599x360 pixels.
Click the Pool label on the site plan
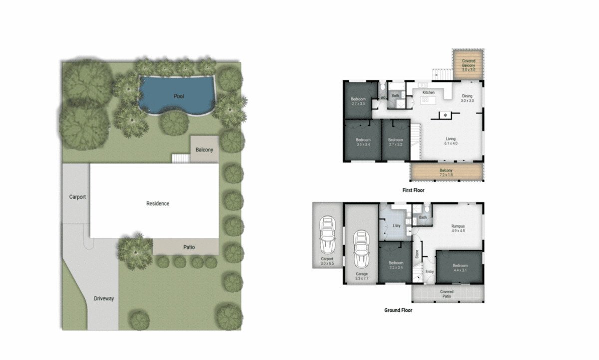pyautogui.click(x=179, y=96)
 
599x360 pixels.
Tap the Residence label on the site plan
pyautogui.click(x=158, y=203)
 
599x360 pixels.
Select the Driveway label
pyautogui.click(x=104, y=299)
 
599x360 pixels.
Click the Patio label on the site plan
pyautogui.click(x=189, y=247)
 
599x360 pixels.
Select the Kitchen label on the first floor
pyautogui.click(x=429, y=93)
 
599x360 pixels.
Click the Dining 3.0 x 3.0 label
pyautogui.click(x=467, y=98)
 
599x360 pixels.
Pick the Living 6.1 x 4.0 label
pyautogui.click(x=450, y=141)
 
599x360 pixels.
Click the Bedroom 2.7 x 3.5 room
pyautogui.click(x=358, y=101)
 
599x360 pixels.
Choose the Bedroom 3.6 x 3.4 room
pyautogui.click(x=363, y=142)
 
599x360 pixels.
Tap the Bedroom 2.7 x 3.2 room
pyautogui.click(x=395, y=142)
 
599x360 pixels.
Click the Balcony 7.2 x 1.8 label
pyautogui.click(x=446, y=173)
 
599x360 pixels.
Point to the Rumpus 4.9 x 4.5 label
pyautogui.click(x=458, y=228)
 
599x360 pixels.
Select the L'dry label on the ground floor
pyautogui.click(x=397, y=226)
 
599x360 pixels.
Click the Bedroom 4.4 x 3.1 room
pyautogui.click(x=460, y=267)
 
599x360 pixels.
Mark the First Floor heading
pyautogui.click(x=413, y=190)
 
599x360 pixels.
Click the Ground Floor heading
pyautogui.click(x=398, y=310)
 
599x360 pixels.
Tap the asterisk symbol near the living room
pyautogui.click(x=445, y=115)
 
